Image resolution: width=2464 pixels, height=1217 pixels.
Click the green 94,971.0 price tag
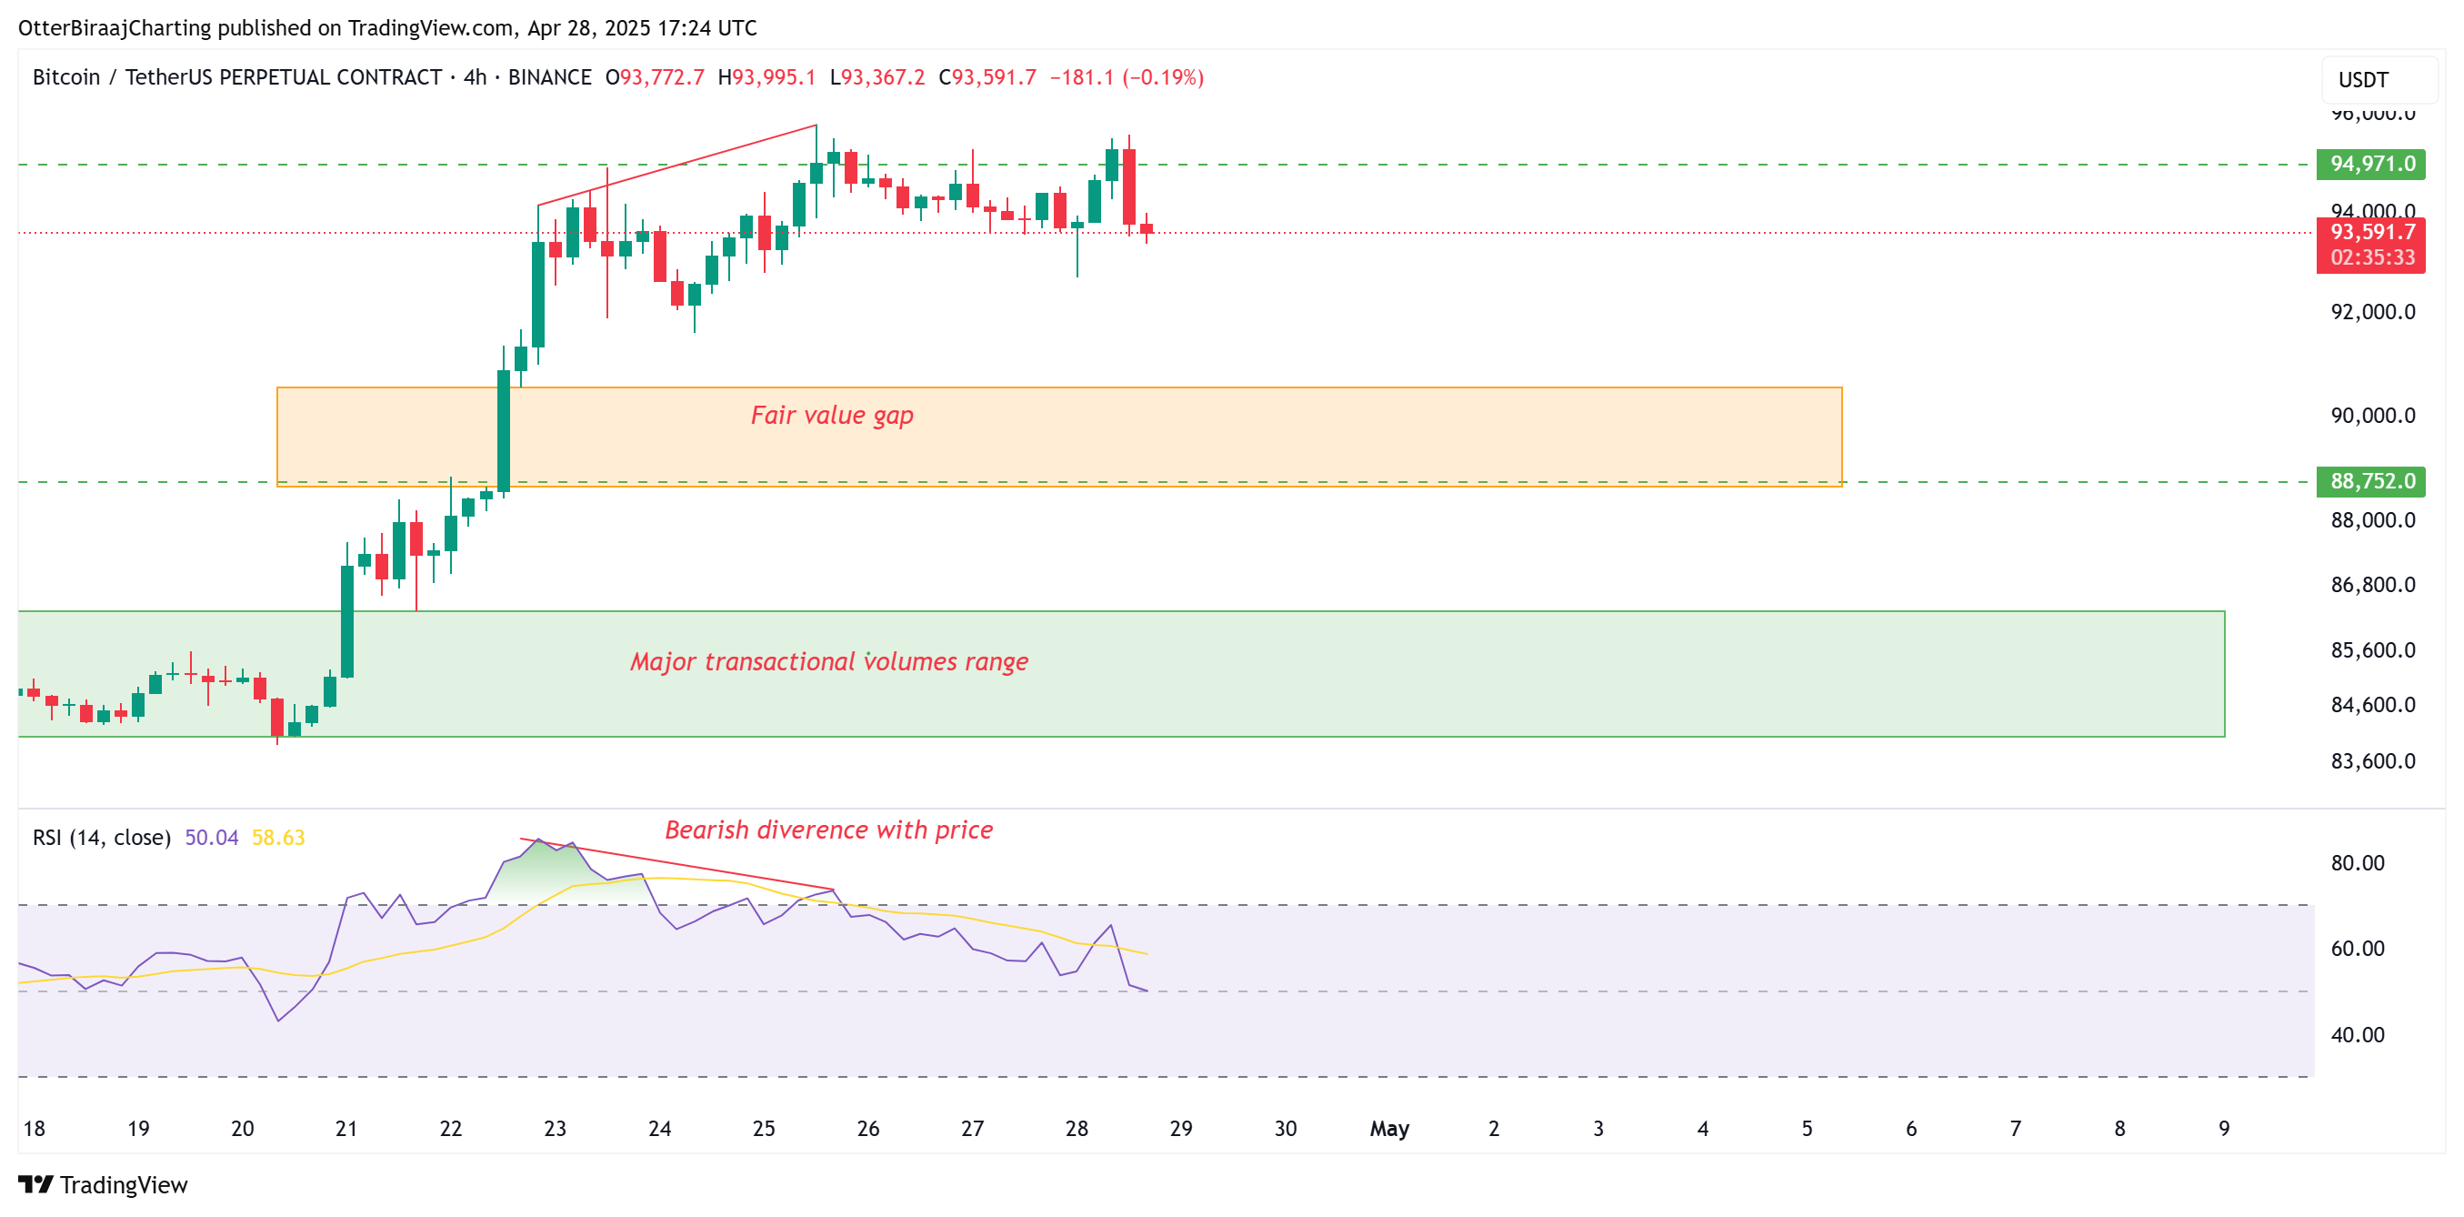[2370, 165]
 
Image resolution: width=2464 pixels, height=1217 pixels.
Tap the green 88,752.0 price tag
[2370, 481]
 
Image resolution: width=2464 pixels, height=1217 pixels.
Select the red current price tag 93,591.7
[2370, 233]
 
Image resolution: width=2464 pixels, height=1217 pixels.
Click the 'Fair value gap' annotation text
[831, 416]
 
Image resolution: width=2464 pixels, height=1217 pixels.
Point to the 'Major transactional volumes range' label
[828, 661]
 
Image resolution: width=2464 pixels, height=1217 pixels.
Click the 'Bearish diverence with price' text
[828, 830]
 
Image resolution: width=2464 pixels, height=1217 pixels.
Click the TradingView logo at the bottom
[104, 1184]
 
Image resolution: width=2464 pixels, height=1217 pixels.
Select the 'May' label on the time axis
[1389, 1129]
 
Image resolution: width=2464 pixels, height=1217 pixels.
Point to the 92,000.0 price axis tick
[2372, 312]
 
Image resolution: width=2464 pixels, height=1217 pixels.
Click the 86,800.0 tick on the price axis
[2372, 585]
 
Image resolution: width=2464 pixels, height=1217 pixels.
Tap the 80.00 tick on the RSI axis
[2357, 863]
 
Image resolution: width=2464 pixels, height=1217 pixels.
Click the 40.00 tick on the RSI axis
[2357, 1034]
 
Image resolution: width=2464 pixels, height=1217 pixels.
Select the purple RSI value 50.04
[211, 838]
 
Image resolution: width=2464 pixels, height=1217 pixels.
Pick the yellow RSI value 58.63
[278, 838]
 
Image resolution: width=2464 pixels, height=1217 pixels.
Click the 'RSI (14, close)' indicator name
[102, 838]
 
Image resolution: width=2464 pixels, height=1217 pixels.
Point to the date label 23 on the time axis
[555, 1129]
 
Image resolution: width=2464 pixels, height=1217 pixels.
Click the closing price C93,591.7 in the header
[987, 77]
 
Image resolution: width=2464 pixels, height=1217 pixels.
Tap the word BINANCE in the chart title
[549, 77]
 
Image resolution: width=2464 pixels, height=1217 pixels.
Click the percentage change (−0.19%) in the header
[1162, 77]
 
